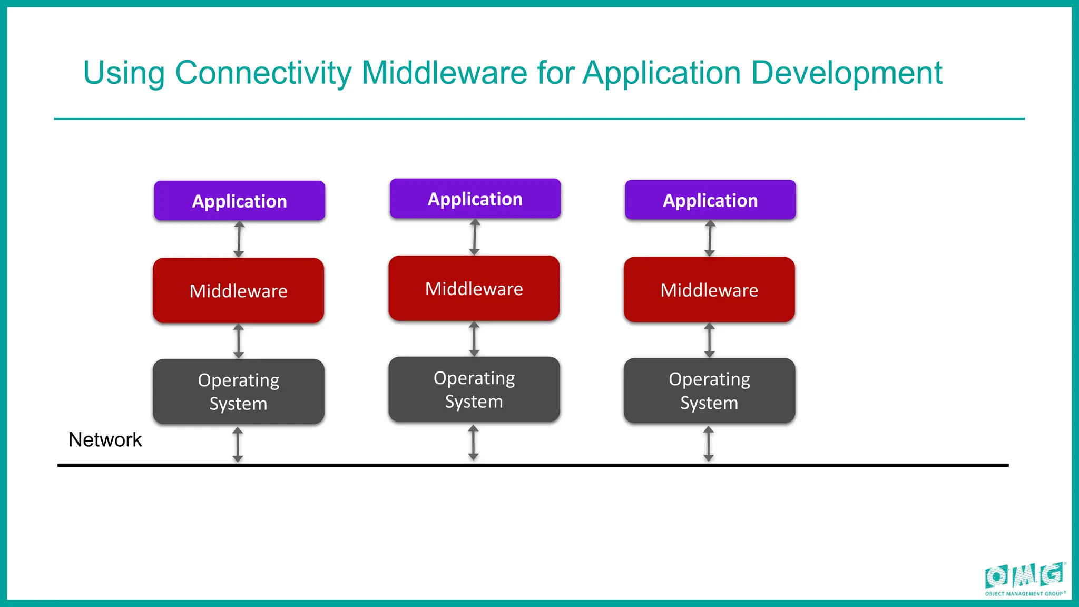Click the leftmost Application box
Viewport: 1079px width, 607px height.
click(239, 201)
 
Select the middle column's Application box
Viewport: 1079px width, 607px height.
click(475, 199)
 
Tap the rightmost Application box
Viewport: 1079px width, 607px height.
click(710, 200)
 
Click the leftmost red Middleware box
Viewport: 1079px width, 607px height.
click(238, 290)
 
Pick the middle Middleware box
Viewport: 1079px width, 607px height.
click(474, 288)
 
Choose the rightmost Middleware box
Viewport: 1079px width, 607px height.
click(709, 289)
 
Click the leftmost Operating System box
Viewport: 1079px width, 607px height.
click(238, 391)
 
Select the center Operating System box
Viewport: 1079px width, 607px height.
click(474, 389)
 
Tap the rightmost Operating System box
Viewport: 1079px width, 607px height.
click(709, 390)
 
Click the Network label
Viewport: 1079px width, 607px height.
click(105, 440)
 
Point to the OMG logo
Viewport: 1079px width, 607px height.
click(1025, 578)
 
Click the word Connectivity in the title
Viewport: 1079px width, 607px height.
click(263, 73)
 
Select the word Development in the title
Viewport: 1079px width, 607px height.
click(846, 73)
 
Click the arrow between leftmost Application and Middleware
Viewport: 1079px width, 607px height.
click(239, 239)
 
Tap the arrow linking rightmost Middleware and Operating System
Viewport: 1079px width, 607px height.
click(709, 340)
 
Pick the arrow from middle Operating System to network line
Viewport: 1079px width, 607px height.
click(473, 443)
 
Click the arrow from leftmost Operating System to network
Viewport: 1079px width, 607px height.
click(238, 445)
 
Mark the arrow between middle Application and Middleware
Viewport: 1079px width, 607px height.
click(475, 237)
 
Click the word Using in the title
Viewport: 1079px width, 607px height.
click(124, 73)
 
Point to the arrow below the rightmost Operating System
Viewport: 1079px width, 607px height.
click(709, 444)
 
